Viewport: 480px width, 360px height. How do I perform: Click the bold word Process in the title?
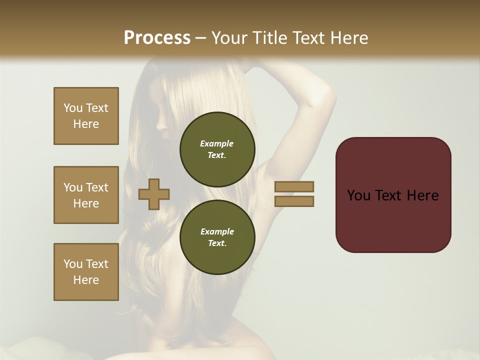click(157, 38)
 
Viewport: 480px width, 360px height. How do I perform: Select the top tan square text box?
click(86, 116)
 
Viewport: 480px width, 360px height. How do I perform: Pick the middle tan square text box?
click(86, 195)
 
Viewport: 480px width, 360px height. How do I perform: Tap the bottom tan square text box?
click(86, 272)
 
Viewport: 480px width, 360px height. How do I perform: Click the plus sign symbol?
click(154, 194)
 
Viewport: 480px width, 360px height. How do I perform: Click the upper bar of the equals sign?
click(294, 186)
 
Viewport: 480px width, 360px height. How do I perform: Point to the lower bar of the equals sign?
click(294, 201)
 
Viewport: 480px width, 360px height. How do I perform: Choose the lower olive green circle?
click(217, 237)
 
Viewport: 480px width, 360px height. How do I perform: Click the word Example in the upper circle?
click(217, 143)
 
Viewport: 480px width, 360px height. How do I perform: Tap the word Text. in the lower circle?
click(217, 243)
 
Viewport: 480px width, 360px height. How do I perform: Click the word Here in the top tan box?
click(86, 124)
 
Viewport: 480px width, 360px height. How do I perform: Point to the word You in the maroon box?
click(358, 195)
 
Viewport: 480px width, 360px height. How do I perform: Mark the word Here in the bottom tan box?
click(86, 280)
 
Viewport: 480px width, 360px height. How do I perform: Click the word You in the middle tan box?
click(72, 187)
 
